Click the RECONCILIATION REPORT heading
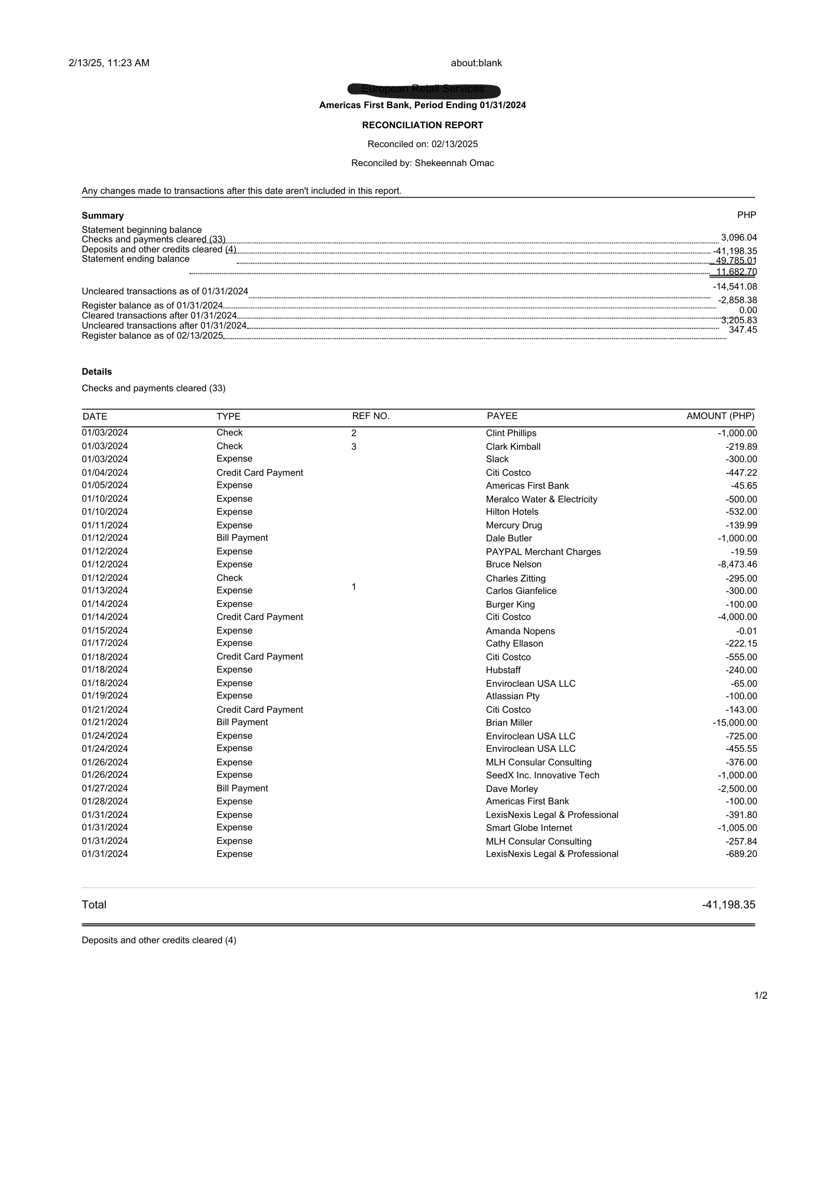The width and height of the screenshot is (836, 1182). (422, 125)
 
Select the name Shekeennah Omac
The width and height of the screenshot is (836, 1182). (454, 163)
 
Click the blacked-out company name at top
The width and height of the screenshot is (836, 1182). (423, 90)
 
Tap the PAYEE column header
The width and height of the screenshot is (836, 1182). (502, 416)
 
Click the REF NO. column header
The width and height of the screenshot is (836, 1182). (371, 416)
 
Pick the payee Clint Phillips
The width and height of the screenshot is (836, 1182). (511, 433)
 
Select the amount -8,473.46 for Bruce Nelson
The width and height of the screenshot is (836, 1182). (737, 564)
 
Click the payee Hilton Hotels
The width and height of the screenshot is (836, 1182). (512, 512)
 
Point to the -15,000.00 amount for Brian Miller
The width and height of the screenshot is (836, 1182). (734, 723)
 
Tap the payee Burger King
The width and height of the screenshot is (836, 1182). (510, 605)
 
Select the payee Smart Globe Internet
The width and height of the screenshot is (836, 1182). (529, 828)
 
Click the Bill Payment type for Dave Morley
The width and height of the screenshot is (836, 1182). (242, 788)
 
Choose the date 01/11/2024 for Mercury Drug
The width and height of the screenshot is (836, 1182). (105, 525)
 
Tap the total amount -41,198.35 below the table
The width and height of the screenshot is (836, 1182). (728, 905)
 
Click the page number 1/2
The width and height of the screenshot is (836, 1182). (760, 996)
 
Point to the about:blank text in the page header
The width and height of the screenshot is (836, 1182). (476, 63)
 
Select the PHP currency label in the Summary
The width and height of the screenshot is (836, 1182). (746, 215)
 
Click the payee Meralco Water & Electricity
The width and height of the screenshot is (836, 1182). (541, 499)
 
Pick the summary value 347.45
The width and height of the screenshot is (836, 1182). (743, 330)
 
